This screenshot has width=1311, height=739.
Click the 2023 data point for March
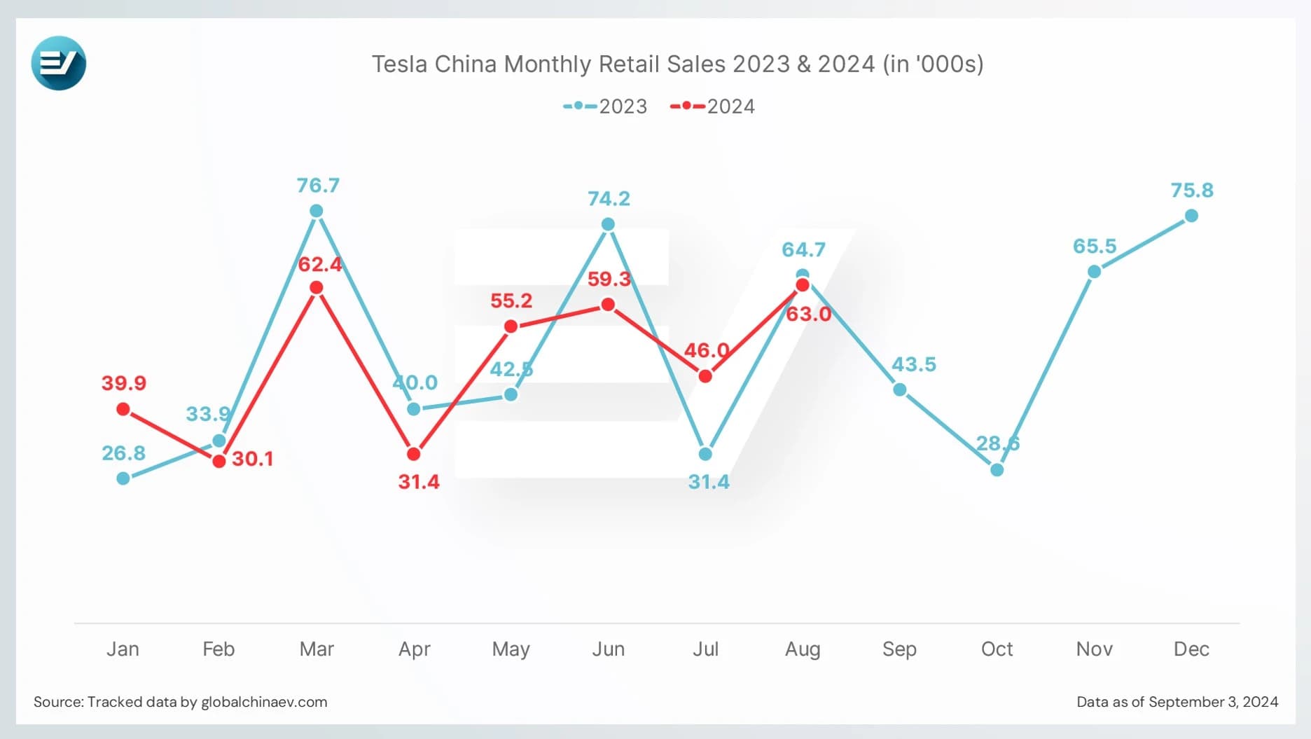coord(316,211)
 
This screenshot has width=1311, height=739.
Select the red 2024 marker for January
coord(123,409)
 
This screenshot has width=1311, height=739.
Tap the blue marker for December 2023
coord(1191,216)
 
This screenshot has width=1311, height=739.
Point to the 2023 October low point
coord(997,470)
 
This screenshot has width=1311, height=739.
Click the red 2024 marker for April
coord(414,454)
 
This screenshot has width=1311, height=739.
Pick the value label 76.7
coord(318,186)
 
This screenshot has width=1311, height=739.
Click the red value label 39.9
coord(124,383)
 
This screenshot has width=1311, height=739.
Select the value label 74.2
coord(609,199)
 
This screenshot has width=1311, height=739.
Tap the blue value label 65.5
coord(1095,247)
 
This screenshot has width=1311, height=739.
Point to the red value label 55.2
coord(511,301)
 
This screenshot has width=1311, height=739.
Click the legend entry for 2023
coord(606,106)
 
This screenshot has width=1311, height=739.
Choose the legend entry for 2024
coord(713,106)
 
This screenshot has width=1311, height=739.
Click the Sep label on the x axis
coord(899,649)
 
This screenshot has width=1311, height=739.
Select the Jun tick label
coord(608,649)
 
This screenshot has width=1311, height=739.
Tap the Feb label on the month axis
coord(218,649)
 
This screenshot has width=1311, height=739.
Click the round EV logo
coord(59,63)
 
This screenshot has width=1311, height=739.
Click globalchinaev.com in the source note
coord(264,702)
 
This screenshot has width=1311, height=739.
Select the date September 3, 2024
coord(1213,702)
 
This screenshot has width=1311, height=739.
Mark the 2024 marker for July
coord(705,376)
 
